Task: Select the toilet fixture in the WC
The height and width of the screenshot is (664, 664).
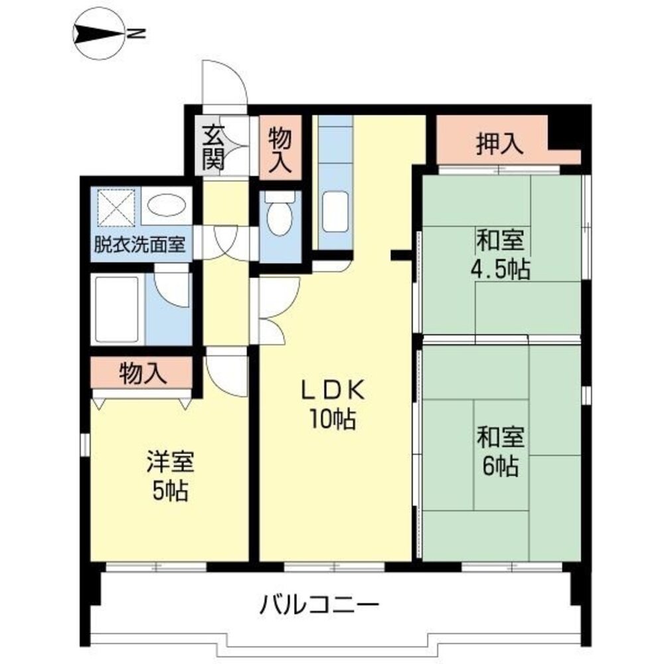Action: pyautogui.click(x=280, y=214)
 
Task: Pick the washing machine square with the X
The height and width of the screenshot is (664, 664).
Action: pyautogui.click(x=117, y=205)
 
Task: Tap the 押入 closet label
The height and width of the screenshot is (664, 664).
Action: pyautogui.click(x=499, y=144)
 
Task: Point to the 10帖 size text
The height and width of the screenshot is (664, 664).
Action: pyautogui.click(x=332, y=419)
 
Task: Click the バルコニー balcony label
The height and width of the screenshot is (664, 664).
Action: pyautogui.click(x=319, y=604)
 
